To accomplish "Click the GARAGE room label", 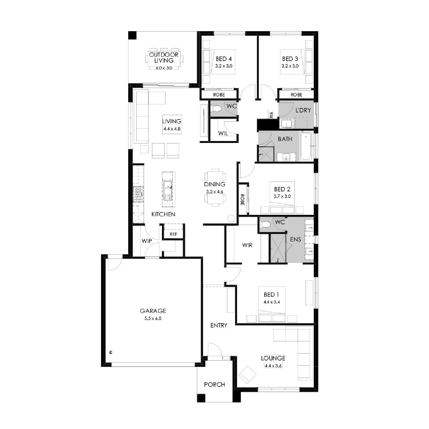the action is (x=153, y=311).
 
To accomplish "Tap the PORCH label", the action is (x=214, y=385).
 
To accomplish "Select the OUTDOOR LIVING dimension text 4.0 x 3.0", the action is (x=164, y=68).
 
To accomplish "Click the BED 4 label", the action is (x=224, y=59).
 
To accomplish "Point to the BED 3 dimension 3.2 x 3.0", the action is (x=290, y=66).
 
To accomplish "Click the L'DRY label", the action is (x=303, y=110).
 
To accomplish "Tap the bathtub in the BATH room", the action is (x=306, y=146).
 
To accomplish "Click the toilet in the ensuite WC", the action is (x=265, y=225).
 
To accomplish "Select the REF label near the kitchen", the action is (x=173, y=234).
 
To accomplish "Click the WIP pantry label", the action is (x=147, y=241).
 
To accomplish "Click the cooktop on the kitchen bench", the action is (x=138, y=194).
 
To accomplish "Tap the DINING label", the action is (x=214, y=184).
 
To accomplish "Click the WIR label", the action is (x=247, y=245).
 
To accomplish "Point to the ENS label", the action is (x=295, y=239).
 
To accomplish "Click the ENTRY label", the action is (x=219, y=325).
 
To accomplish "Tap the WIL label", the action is (x=223, y=134).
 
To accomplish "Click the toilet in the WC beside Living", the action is (x=216, y=109).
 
